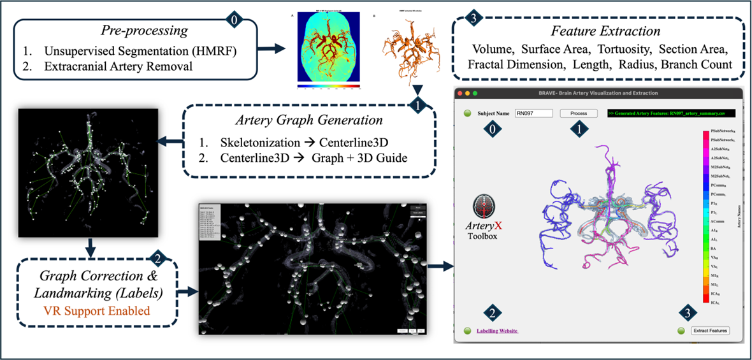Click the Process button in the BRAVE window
(x=579, y=113)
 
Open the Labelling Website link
(x=497, y=331)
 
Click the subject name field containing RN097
(x=534, y=113)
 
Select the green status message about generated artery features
(x=670, y=113)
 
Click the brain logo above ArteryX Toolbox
(x=484, y=209)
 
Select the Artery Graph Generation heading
(x=309, y=120)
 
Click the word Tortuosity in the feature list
(x=623, y=49)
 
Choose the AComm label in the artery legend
(x=716, y=222)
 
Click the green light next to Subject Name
(x=467, y=113)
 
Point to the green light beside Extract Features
(x=681, y=331)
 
